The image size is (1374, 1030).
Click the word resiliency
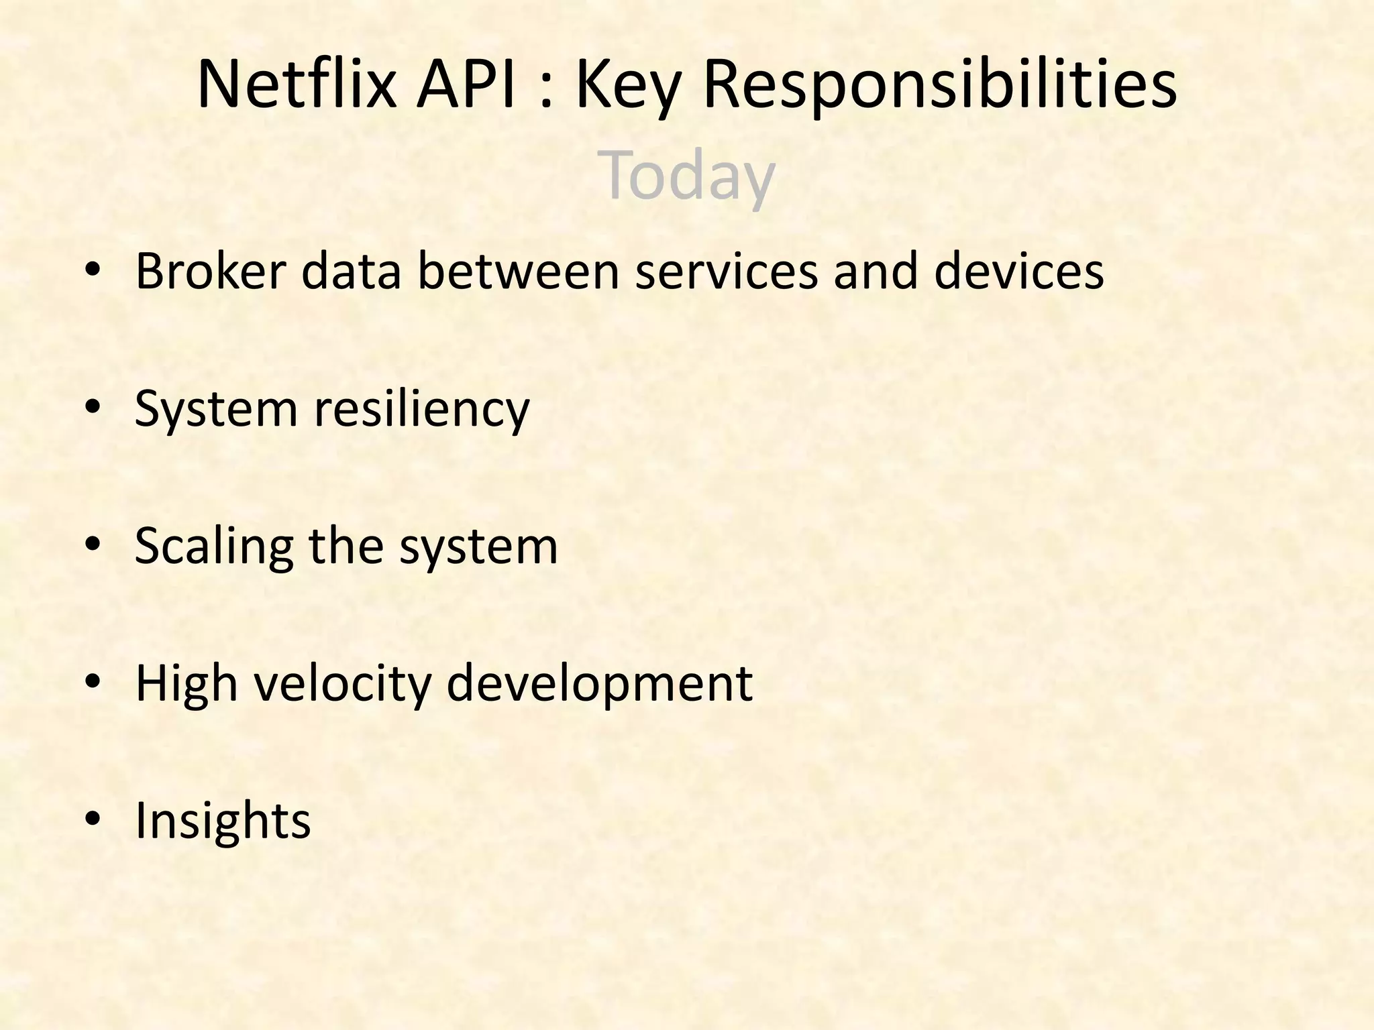(422, 409)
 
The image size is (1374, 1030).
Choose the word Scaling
(214, 546)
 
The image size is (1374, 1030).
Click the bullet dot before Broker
(93, 271)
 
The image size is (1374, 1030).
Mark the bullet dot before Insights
(93, 819)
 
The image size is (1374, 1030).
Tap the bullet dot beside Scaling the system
(93, 545)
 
